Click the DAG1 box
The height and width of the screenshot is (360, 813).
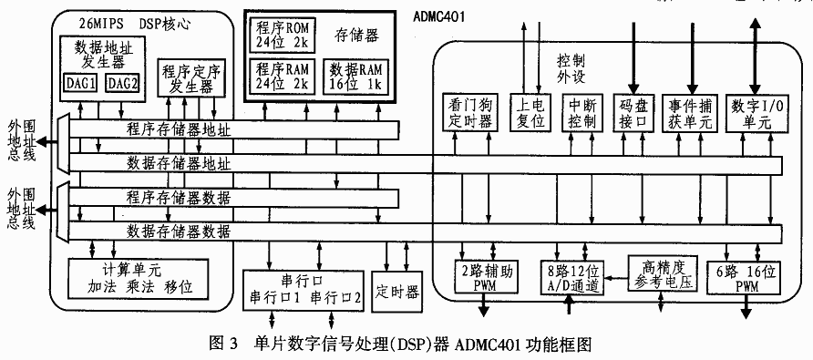[x=83, y=84]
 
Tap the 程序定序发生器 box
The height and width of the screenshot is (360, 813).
[x=190, y=79]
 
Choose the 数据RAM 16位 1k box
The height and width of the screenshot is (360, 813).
[x=353, y=77]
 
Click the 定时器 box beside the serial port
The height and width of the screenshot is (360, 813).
[x=397, y=292]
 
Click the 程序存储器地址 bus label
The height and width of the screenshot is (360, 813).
[x=179, y=130]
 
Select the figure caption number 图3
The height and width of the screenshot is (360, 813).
[x=222, y=345]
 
